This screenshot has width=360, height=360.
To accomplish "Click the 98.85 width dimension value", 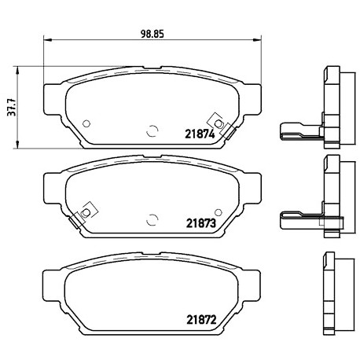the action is point(152,34).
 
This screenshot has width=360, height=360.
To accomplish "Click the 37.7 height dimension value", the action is point(12,108).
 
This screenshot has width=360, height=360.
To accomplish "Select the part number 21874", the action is point(200,134).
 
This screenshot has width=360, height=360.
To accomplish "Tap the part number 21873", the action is point(201,223).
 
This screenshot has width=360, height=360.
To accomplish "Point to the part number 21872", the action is point(201,320).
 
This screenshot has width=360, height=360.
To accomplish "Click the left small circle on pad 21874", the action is point(86,123).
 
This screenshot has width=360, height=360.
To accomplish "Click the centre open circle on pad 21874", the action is point(152,130).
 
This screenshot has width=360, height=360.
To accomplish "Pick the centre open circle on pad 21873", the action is point(152,219).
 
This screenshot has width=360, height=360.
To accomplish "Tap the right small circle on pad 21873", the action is point(219,212).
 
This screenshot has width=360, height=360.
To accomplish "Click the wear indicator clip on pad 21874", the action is point(222,126).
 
